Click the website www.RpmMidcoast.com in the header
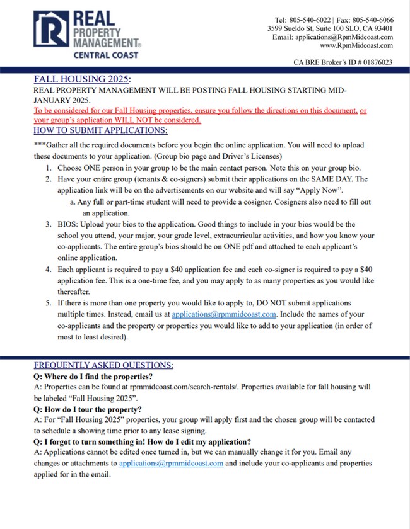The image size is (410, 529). coord(356,46)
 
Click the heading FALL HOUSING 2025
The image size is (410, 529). coord(82,80)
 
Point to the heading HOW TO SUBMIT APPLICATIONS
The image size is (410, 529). coord(100,130)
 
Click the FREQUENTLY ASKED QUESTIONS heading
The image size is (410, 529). coord(103,365)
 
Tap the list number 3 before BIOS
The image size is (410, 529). coord(49,224)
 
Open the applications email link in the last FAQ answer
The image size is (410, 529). coord(171,463)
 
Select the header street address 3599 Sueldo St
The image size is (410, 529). coord(290,28)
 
